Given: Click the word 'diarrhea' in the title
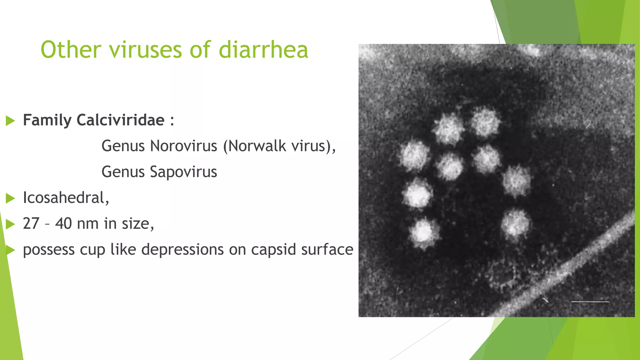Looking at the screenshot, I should pos(263,50).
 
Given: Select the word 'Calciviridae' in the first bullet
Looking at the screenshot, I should pos(120,120).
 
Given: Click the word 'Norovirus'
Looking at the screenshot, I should pos(183,146).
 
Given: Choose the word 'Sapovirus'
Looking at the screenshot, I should pos(183,172).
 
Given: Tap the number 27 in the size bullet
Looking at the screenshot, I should pos(31,223).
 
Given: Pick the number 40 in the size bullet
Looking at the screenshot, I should pos(63,223).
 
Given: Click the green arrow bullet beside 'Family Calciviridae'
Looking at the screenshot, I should pos(10,121).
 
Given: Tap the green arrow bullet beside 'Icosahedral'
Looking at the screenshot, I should pos(10,198).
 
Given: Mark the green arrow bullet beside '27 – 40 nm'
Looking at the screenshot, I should pos(10,224).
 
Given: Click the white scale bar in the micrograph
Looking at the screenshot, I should pos(590,302).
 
